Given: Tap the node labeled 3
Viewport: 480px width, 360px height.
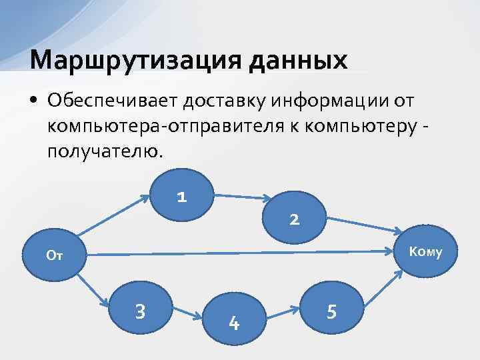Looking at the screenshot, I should [141, 310].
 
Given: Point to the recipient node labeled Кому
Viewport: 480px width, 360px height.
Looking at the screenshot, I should [425, 252].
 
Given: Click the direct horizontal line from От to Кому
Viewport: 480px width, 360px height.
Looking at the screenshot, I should [240, 254].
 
